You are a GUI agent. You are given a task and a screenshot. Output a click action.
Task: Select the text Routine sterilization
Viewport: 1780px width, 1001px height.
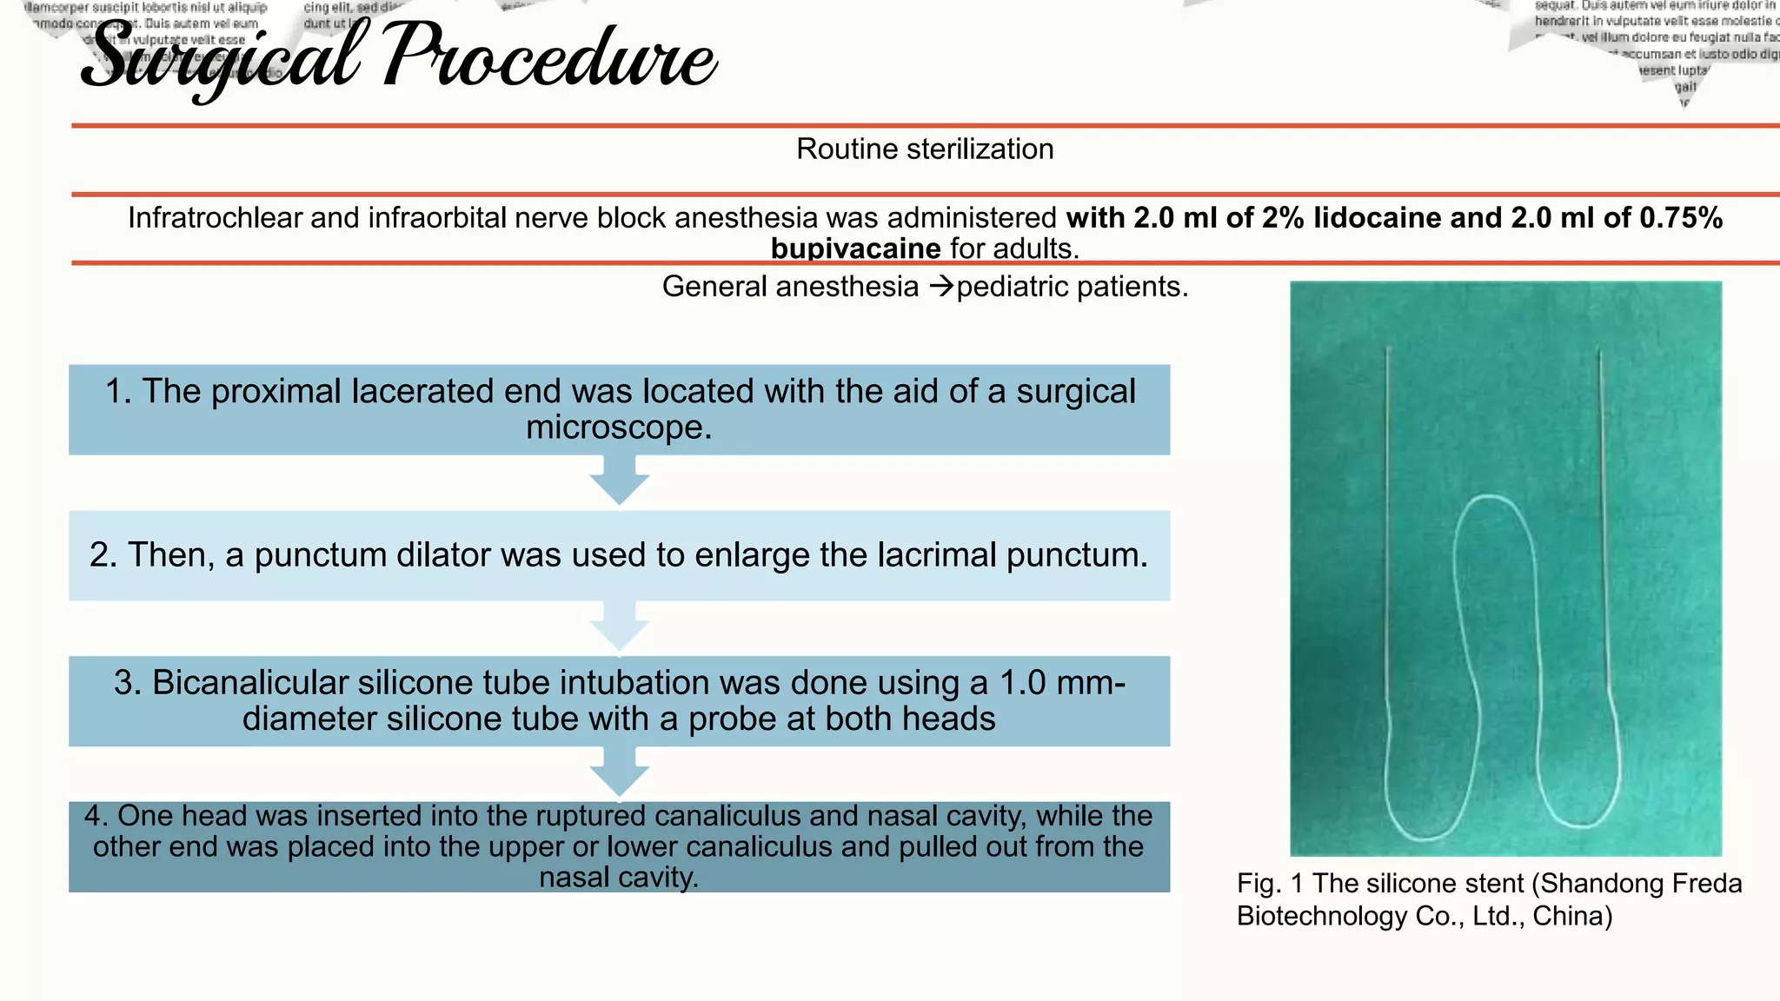pyautogui.click(x=925, y=149)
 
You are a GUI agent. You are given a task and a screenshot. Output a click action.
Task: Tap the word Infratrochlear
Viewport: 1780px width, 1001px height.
pyautogui.click(x=215, y=217)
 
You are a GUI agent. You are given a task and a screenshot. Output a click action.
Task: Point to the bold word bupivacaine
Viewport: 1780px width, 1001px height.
pyautogui.click(x=855, y=249)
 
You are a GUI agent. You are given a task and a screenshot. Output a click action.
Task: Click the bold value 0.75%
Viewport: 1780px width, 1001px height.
pyautogui.click(x=1680, y=217)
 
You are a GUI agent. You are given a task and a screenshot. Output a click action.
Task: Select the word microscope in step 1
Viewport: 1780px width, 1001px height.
pyautogui.click(x=619, y=428)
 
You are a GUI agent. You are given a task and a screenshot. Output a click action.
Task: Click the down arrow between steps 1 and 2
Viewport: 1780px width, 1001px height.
pyautogui.click(x=619, y=482)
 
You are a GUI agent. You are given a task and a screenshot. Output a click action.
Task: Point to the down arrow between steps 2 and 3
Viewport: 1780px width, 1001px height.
pyautogui.click(x=619, y=627)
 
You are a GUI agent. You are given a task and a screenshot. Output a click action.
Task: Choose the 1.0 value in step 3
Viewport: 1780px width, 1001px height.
pyautogui.click(x=1023, y=683)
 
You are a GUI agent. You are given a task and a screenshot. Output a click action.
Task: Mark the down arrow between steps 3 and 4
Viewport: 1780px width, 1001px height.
pyautogui.click(x=619, y=773)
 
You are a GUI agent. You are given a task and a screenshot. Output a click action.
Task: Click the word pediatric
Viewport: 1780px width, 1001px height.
pyautogui.click(x=1011, y=287)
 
